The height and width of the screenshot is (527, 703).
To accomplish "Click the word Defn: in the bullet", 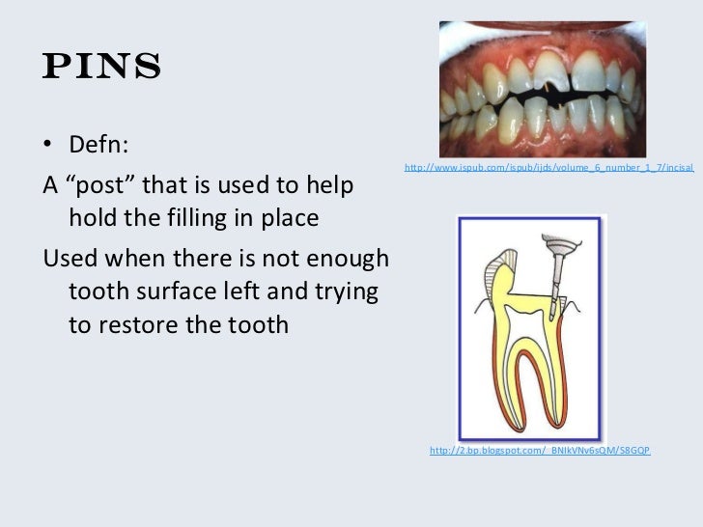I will [99, 147].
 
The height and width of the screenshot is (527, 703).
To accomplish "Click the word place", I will [287, 218].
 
